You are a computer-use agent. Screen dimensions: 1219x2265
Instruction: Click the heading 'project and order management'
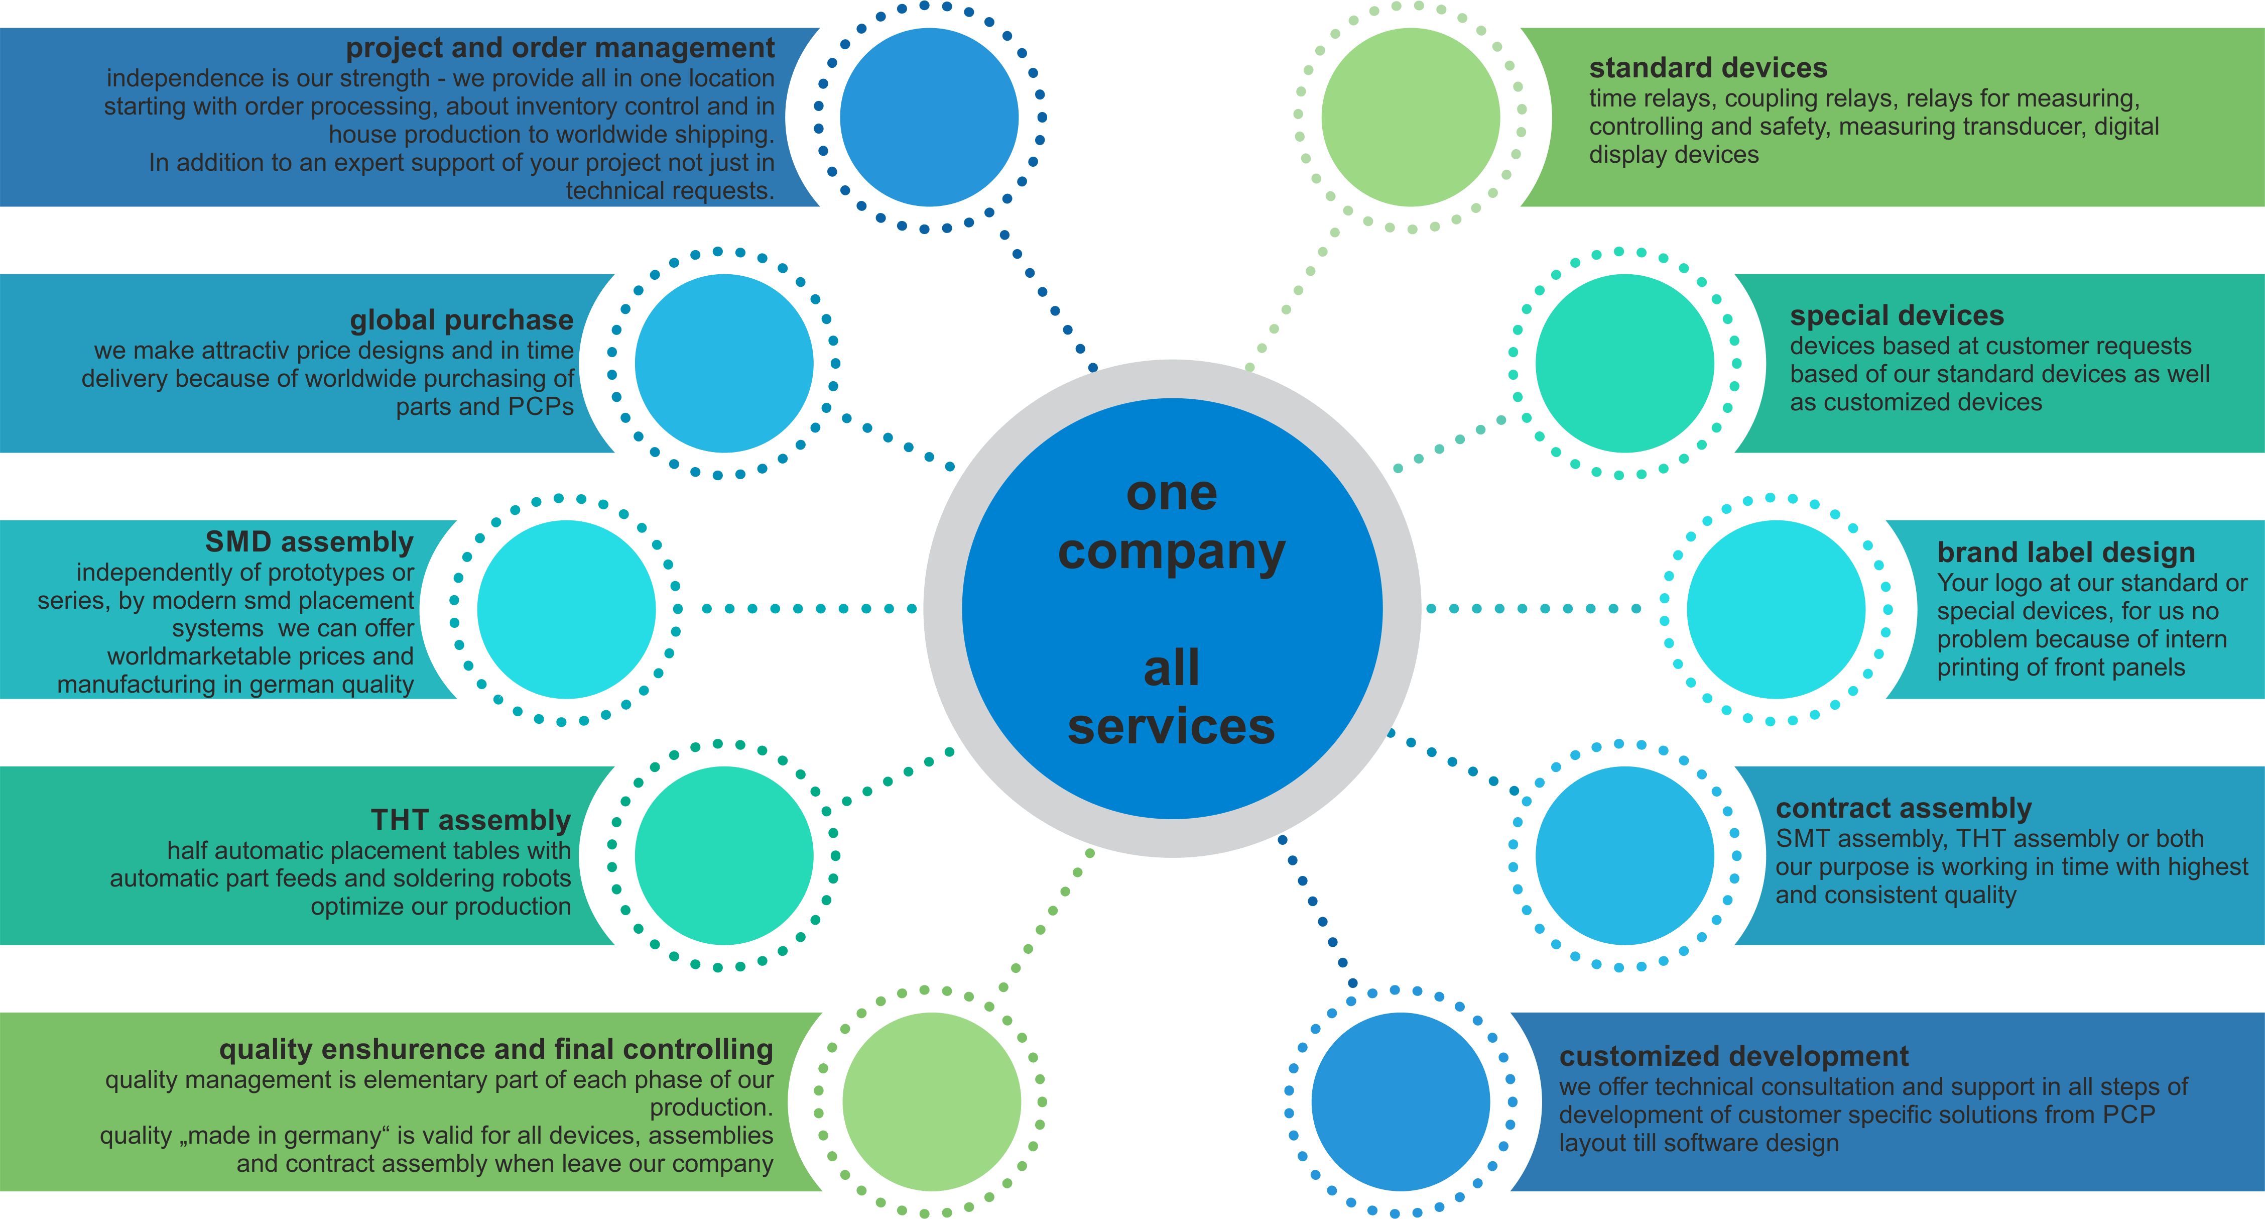click(x=560, y=48)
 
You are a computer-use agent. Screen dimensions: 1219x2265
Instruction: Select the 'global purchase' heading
click(x=462, y=319)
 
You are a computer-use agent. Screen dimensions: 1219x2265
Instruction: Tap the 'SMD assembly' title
click(x=310, y=542)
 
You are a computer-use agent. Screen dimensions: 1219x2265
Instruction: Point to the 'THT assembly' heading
click(x=471, y=820)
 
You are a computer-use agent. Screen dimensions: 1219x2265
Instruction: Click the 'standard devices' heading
click(x=1708, y=68)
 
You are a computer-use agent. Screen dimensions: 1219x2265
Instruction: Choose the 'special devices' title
click(x=1897, y=316)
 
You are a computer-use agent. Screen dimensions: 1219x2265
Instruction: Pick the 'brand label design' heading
click(x=2066, y=552)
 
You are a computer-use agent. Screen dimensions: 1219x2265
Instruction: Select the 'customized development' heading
click(x=1734, y=1055)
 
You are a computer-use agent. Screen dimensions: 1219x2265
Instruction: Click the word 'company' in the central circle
click(x=1171, y=552)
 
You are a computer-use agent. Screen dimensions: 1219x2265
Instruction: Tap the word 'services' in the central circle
click(x=1171, y=726)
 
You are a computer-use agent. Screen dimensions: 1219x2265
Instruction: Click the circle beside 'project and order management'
click(x=929, y=117)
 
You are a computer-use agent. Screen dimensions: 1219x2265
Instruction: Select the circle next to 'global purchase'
click(x=724, y=363)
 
